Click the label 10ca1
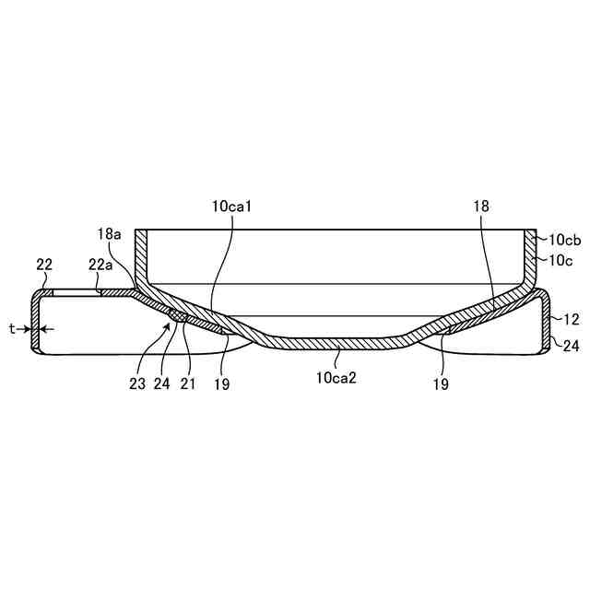click(x=231, y=206)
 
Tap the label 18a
click(x=109, y=234)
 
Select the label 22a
click(x=100, y=265)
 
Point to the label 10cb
click(x=565, y=240)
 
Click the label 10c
click(x=560, y=260)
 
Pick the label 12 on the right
click(x=571, y=320)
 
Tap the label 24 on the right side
click(x=571, y=346)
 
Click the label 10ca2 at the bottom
click(x=336, y=378)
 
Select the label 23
click(x=137, y=383)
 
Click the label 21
click(x=188, y=383)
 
